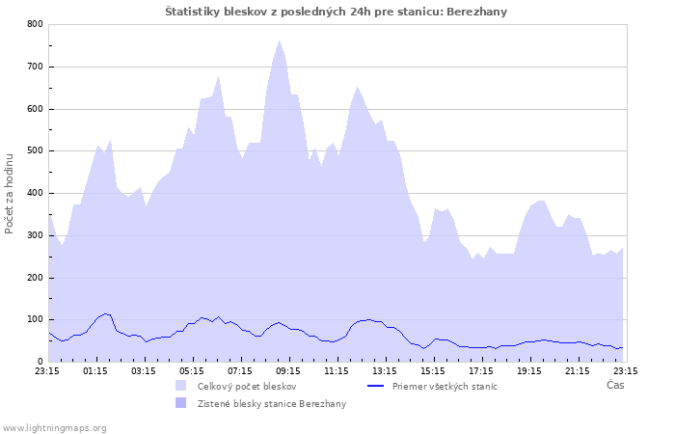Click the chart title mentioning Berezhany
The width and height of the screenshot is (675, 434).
tap(336, 12)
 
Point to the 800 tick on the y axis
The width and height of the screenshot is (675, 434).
tap(35, 24)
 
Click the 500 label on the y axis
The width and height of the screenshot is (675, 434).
tap(35, 151)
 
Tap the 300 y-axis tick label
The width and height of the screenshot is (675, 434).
tap(35, 235)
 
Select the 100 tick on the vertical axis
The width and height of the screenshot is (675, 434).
tap(35, 320)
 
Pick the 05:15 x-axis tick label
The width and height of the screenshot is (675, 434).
tap(192, 369)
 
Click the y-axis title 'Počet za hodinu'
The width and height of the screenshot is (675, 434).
tap(10, 193)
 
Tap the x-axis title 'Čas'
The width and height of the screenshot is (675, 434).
tap(615, 385)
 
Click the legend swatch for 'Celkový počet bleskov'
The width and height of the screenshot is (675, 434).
tap(181, 386)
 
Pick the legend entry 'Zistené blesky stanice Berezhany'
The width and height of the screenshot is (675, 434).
tap(272, 403)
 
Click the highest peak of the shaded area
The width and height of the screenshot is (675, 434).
tap(280, 41)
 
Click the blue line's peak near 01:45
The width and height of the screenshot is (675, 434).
tap(107, 313)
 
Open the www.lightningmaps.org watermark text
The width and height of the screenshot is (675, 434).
tap(54, 427)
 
